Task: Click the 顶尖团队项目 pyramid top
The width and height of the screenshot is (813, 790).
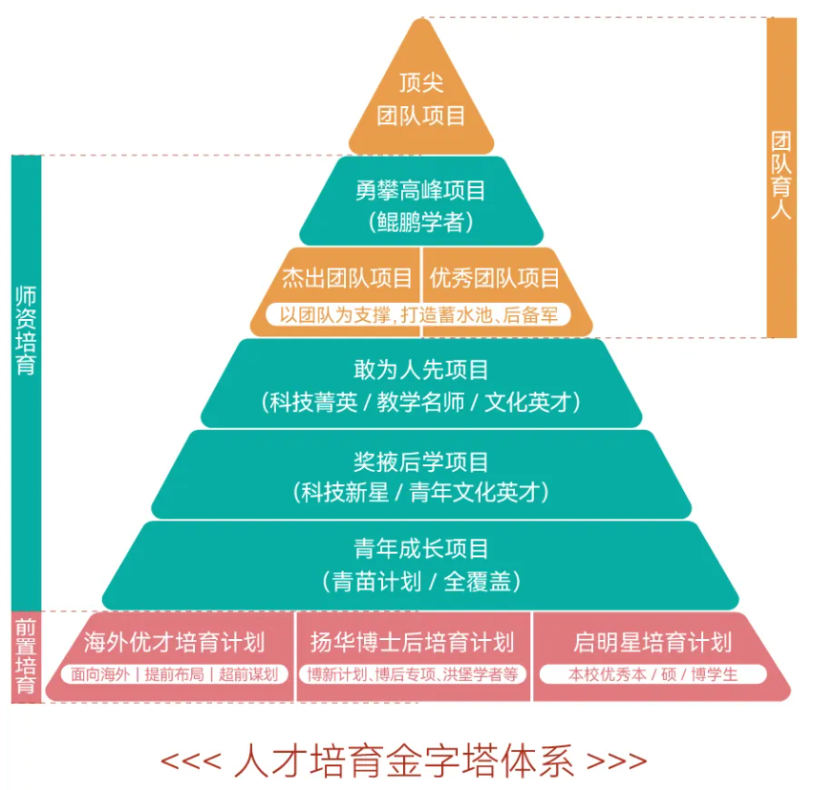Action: (420, 100)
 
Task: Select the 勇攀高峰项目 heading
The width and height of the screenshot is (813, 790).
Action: (420, 190)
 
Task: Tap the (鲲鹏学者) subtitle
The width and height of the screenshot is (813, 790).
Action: (420, 223)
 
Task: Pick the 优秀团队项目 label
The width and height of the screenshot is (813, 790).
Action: (494, 278)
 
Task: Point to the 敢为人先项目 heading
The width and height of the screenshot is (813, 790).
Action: (420, 369)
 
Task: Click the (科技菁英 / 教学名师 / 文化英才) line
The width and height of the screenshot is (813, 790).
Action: (420, 402)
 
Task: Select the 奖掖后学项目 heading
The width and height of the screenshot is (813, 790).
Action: (420, 461)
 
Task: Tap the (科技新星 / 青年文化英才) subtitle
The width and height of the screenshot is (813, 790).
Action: (420, 493)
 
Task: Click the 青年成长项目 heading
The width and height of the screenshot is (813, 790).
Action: (420, 548)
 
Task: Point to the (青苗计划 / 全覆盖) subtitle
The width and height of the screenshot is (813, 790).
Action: (420, 581)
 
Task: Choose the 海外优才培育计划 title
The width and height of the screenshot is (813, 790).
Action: (174, 641)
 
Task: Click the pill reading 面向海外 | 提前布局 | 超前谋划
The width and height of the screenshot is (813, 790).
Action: (175, 673)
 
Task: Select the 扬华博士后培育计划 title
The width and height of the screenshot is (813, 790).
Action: (412, 641)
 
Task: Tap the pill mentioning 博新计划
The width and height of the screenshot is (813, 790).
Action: (412, 673)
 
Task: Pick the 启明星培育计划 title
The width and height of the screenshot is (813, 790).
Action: (653, 641)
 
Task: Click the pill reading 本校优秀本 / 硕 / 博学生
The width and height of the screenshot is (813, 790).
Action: (653, 673)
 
